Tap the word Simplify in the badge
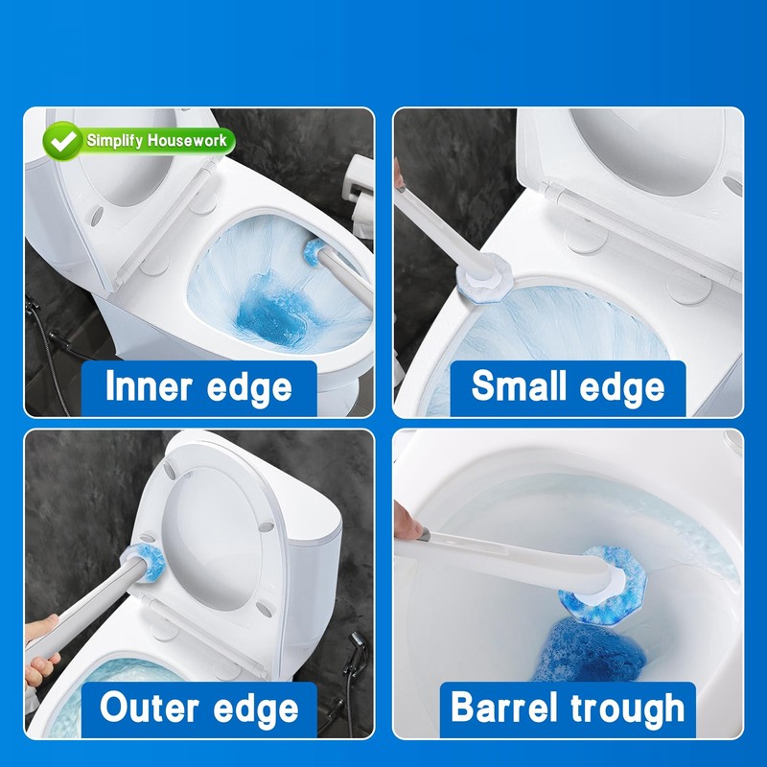tap(114, 141)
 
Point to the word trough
tap(628, 709)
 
